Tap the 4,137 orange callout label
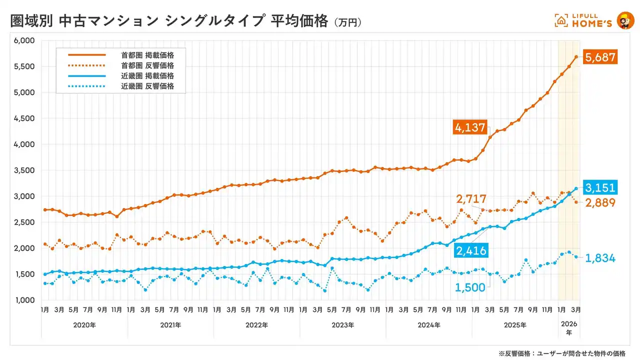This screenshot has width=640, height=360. point(470,127)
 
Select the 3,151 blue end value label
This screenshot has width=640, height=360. point(601,188)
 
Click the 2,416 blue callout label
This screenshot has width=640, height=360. point(470,250)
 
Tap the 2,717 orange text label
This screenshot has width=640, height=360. point(470,199)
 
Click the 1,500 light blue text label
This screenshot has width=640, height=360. point(470,287)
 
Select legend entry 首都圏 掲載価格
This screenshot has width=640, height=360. point(147,54)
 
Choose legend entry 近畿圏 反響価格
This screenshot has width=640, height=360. point(147,86)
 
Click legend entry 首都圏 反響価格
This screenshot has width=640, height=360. point(147,65)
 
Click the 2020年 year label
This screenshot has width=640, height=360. point(84,325)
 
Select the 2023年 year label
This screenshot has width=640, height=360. point(342,325)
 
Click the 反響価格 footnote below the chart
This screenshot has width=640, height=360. point(562,353)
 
